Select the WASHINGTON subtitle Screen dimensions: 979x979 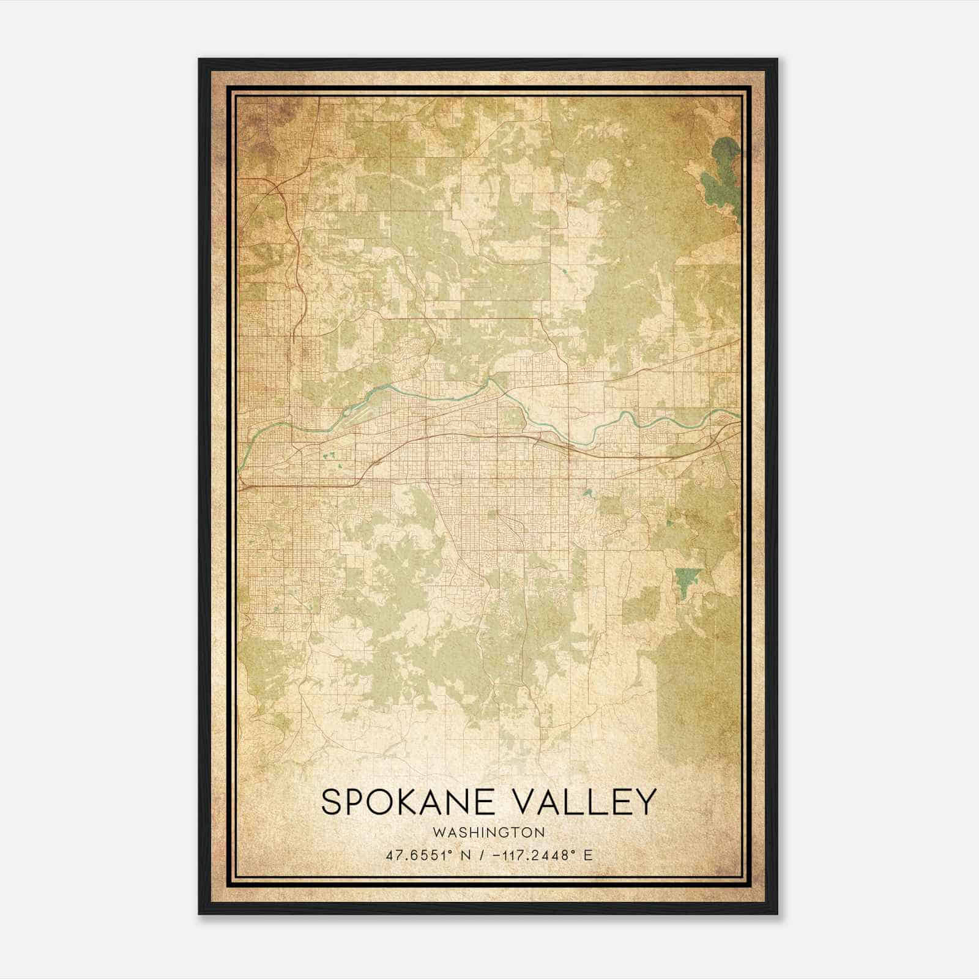(x=488, y=832)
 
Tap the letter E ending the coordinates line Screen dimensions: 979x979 (x=588, y=855)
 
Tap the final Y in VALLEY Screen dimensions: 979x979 (x=646, y=802)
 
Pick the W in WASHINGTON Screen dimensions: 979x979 (x=438, y=832)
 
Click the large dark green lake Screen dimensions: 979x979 (x=722, y=177)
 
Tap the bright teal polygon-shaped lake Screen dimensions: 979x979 (x=688, y=578)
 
